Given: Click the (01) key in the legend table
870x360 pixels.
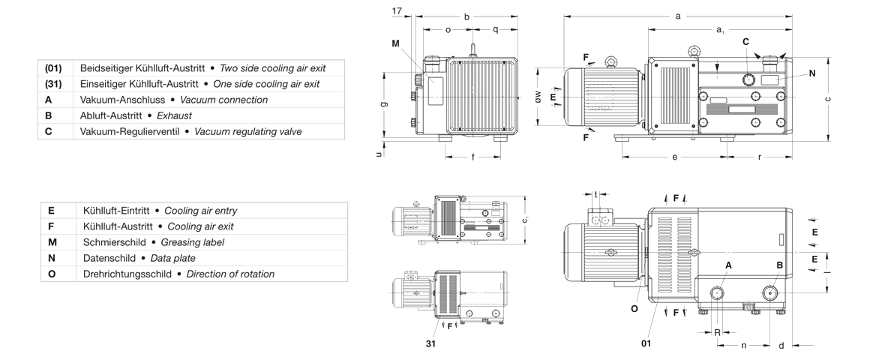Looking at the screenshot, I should pyautogui.click(x=53, y=68).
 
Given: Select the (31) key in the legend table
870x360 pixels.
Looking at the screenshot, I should pyautogui.click(x=53, y=84).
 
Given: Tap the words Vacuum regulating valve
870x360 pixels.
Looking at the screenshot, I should pyautogui.click(x=247, y=131).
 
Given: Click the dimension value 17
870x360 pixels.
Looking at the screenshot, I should pyautogui.click(x=397, y=10).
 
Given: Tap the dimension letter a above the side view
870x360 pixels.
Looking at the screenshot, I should pyautogui.click(x=678, y=15).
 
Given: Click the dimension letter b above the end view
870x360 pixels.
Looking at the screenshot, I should pyautogui.click(x=466, y=16).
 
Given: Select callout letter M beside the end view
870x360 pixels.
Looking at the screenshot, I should pyautogui.click(x=396, y=43).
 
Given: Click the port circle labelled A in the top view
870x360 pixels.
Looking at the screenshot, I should pyautogui.click(x=717, y=292).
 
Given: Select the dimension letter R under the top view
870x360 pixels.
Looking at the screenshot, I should pyautogui.click(x=716, y=331).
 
